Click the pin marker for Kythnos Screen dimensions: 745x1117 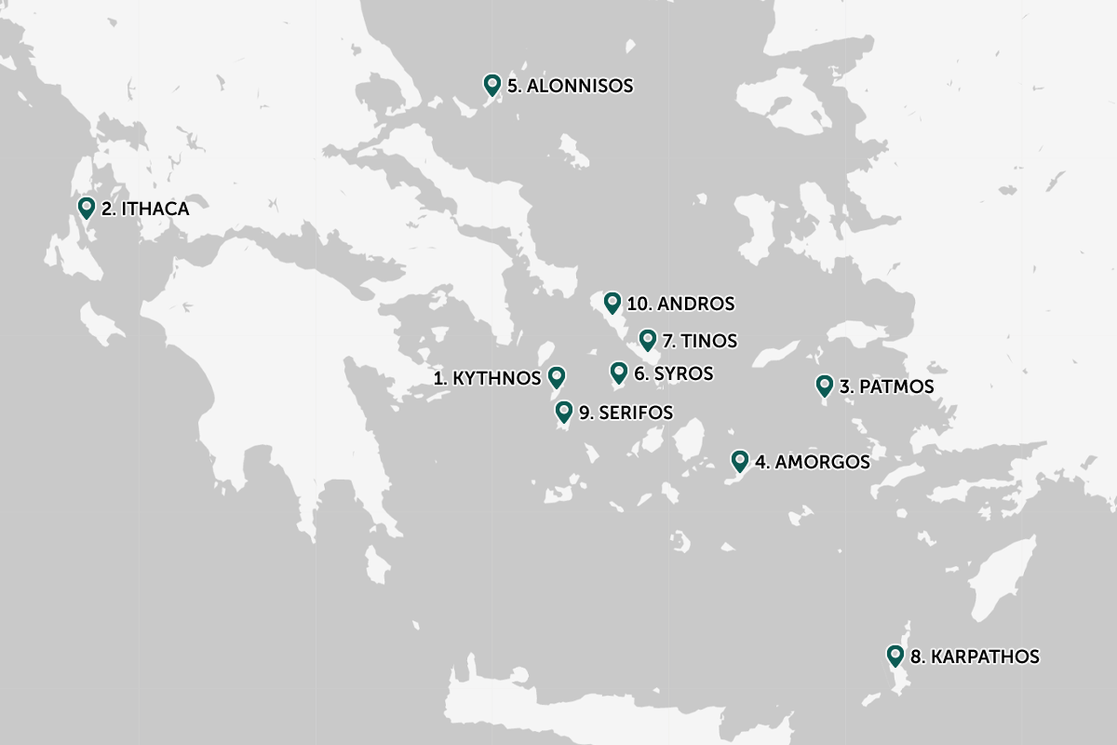(x=557, y=376)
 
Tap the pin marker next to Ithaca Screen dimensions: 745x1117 (x=87, y=208)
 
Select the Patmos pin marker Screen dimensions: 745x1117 (x=824, y=385)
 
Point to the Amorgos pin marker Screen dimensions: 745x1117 (x=740, y=460)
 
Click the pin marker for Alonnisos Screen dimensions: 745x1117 (x=492, y=85)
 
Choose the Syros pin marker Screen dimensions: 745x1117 (x=618, y=372)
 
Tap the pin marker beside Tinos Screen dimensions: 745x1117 (x=648, y=339)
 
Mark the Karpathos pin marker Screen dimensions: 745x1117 (x=895, y=656)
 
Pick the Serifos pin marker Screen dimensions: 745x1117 (x=563, y=411)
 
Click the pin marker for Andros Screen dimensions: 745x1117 (x=612, y=303)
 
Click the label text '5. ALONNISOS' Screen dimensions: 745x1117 (x=570, y=86)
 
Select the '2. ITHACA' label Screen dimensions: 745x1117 (x=145, y=210)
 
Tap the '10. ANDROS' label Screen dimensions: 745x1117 (x=680, y=305)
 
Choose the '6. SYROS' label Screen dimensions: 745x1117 (x=673, y=374)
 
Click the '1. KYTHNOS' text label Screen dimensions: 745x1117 (x=487, y=378)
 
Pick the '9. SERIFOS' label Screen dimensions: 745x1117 (x=626, y=413)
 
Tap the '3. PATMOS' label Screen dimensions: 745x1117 (x=886, y=386)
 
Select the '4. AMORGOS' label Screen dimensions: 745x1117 (x=813, y=462)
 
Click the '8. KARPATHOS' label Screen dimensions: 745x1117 (x=975, y=657)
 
